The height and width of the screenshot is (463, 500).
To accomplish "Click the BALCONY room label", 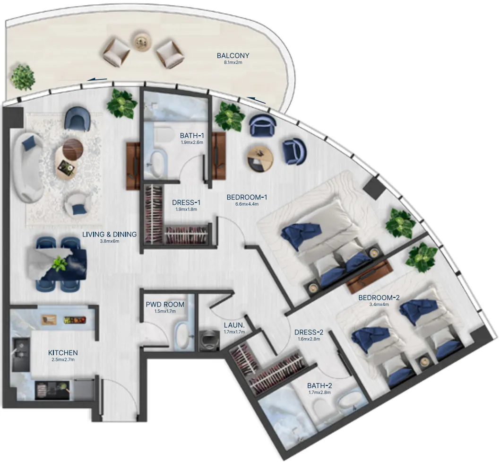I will click(233, 56).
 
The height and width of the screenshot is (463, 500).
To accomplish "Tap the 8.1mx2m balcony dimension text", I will click(233, 62).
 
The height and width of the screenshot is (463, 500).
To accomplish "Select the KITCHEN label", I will click(63, 353).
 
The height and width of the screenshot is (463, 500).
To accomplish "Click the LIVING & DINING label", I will click(109, 234).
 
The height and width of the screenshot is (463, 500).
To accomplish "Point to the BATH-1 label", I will click(191, 136).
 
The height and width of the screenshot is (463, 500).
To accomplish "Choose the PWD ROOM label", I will click(165, 304).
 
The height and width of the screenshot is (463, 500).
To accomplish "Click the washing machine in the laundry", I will click(207, 339).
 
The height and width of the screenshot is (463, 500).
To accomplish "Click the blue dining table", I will click(59, 263).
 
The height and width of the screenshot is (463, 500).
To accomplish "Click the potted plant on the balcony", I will click(22, 77).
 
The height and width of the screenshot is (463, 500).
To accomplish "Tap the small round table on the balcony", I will click(141, 41).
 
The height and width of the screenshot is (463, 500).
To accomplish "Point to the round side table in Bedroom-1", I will click(260, 158).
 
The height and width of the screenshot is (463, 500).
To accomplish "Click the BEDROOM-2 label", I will click(379, 297).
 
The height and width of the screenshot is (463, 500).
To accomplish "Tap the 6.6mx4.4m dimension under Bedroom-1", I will click(247, 204).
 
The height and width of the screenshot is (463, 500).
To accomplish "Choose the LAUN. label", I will click(233, 325).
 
